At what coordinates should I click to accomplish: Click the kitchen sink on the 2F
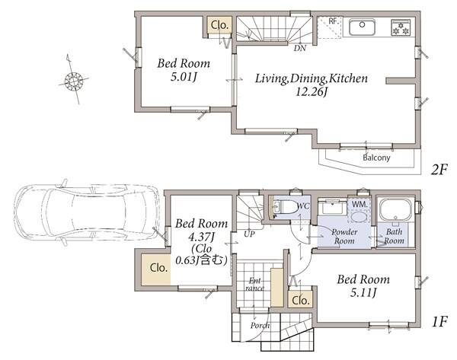click(x=362, y=27)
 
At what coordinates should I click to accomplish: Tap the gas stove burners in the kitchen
click(x=401, y=27)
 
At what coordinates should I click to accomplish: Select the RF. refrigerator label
click(x=333, y=21)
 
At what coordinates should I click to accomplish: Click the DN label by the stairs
click(x=300, y=48)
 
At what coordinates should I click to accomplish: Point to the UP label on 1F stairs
click(x=250, y=234)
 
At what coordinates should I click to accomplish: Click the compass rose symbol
click(x=74, y=79)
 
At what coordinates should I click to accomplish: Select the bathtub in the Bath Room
click(x=395, y=209)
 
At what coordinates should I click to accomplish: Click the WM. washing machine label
click(x=360, y=205)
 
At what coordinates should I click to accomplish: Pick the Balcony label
click(x=376, y=158)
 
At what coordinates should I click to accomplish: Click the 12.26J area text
click(x=312, y=92)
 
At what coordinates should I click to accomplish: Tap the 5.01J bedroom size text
click(x=184, y=77)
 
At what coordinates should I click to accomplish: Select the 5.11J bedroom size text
click(x=363, y=292)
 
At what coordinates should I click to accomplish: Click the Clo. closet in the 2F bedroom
click(x=219, y=25)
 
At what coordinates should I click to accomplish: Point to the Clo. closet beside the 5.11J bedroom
click(x=300, y=300)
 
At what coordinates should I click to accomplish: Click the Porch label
click(x=260, y=325)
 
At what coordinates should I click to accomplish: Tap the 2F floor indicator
click(x=439, y=170)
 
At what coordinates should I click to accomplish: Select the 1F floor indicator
click(x=439, y=321)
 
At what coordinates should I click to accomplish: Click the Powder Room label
click(x=344, y=236)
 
